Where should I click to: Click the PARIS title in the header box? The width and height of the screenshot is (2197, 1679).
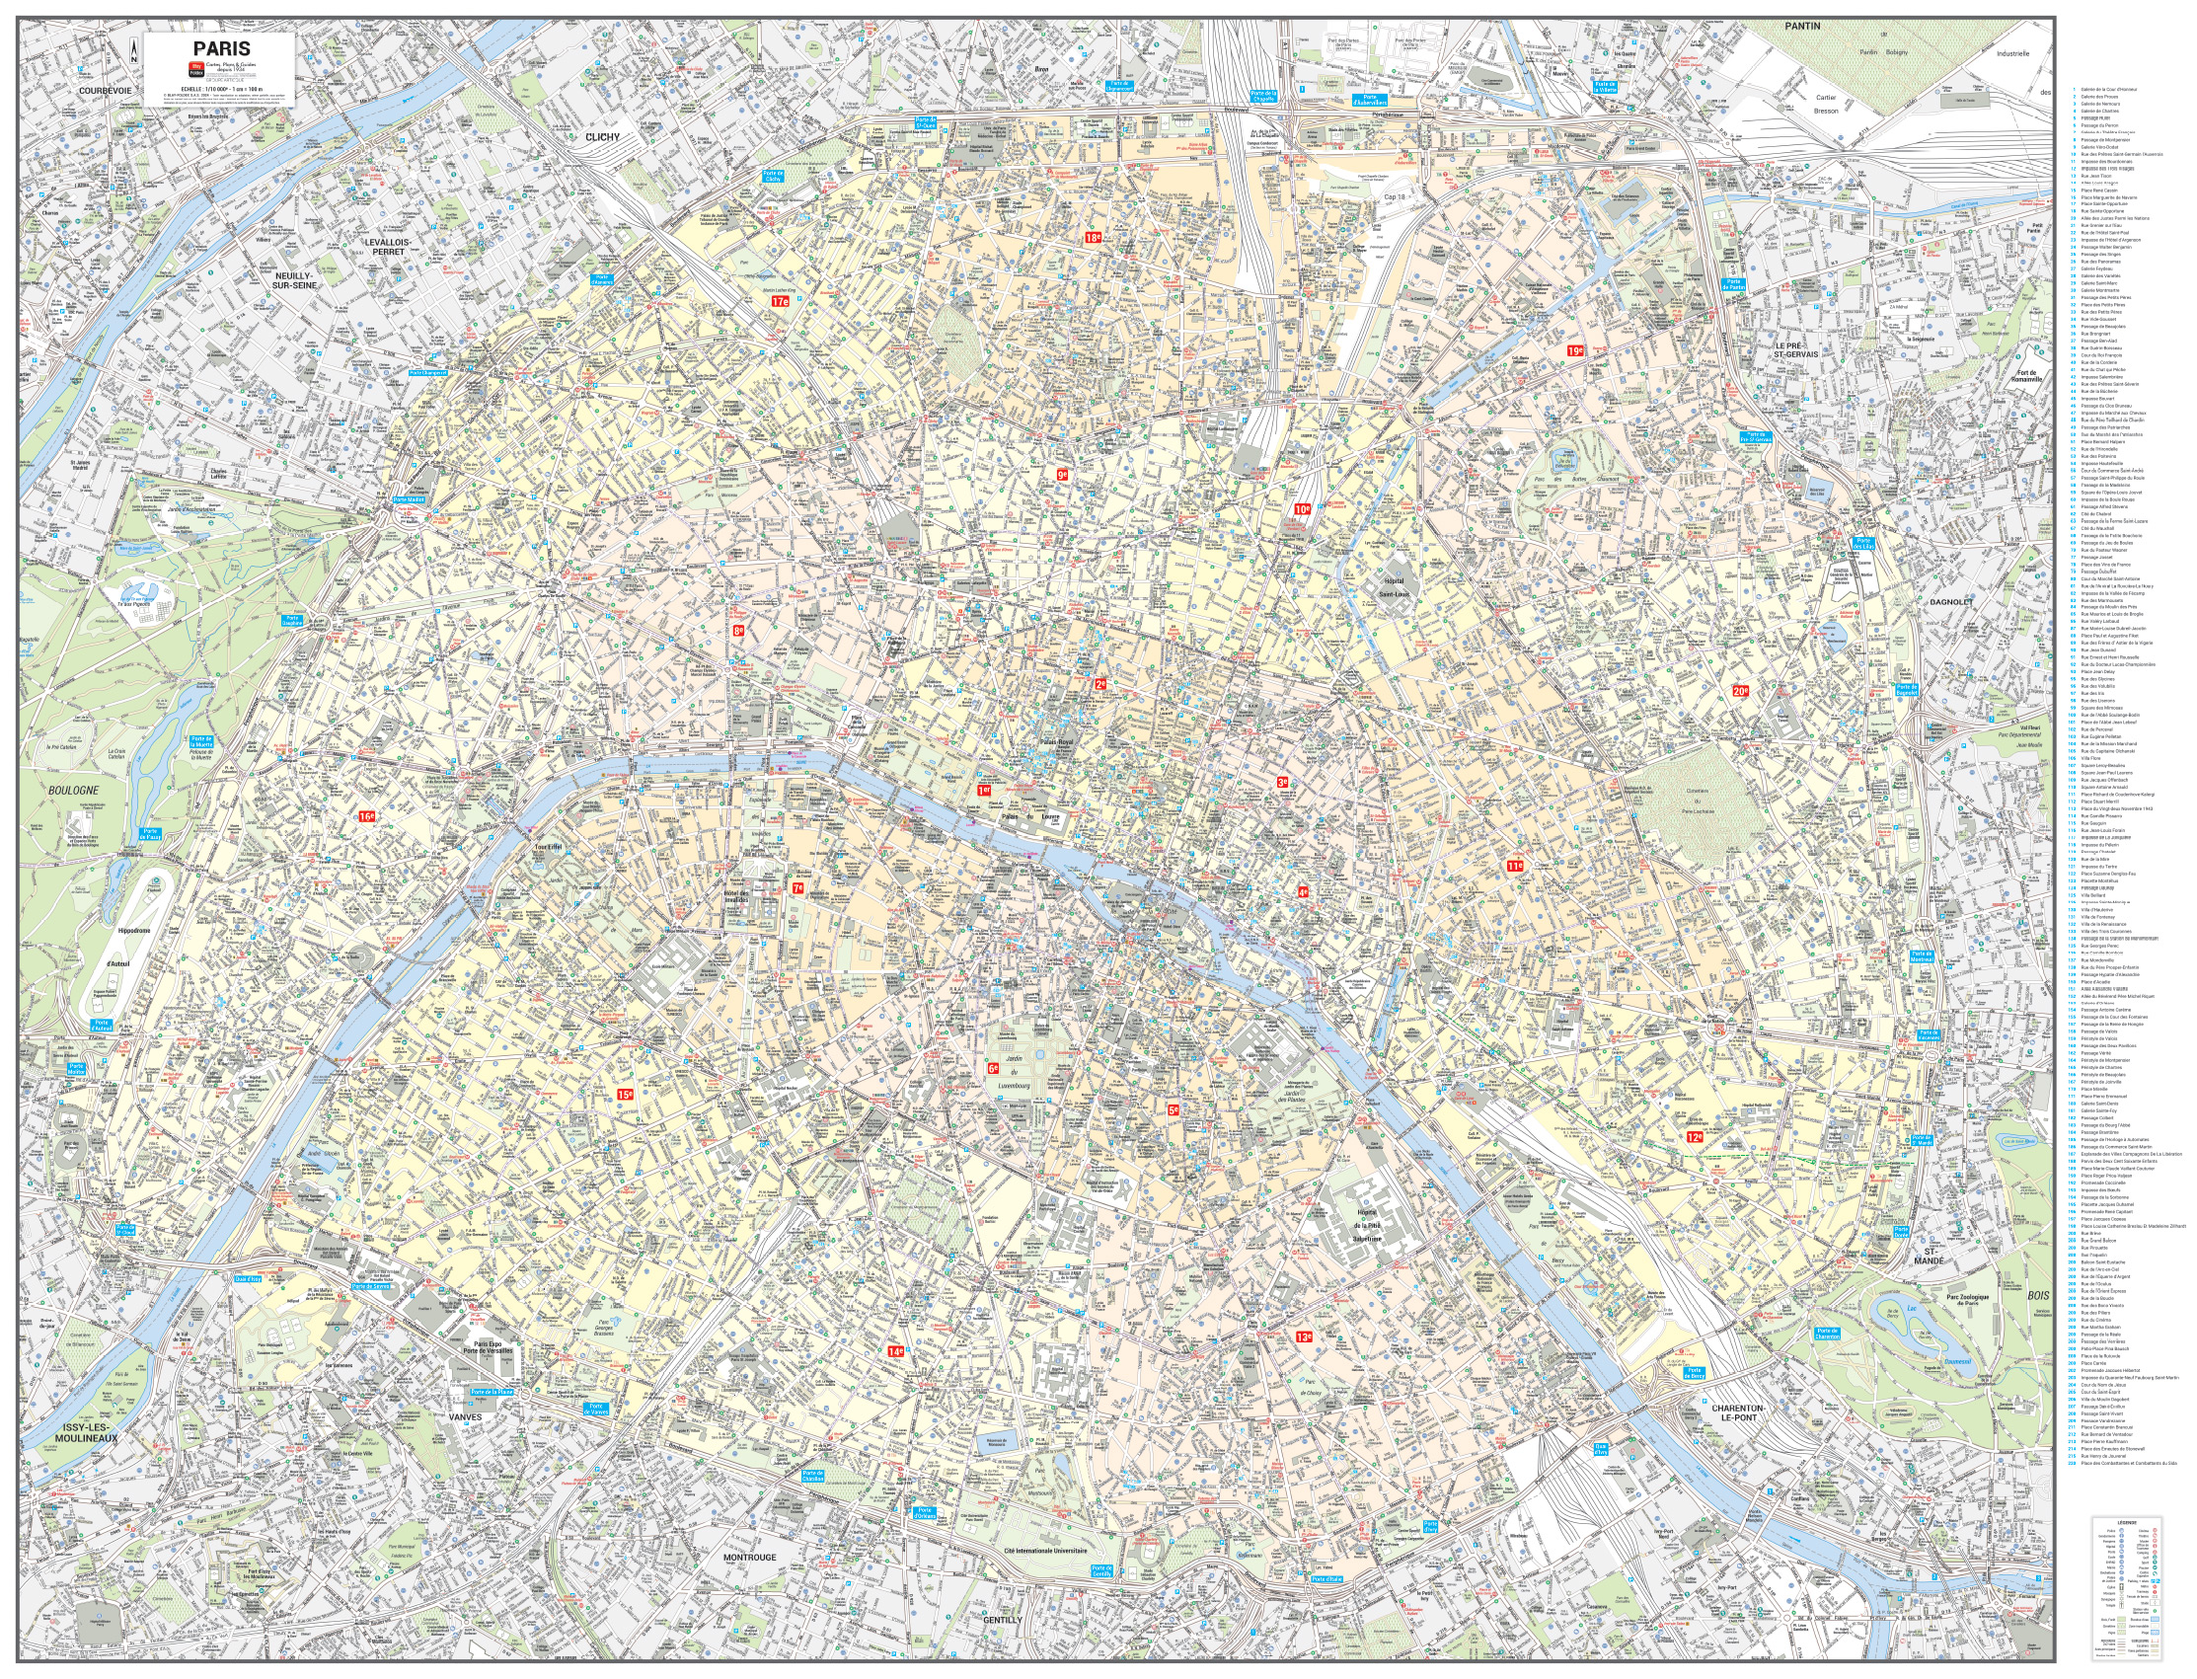click(x=222, y=48)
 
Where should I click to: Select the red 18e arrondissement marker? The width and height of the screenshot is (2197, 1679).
click(x=1093, y=238)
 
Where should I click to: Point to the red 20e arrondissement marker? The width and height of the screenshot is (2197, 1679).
click(x=1740, y=691)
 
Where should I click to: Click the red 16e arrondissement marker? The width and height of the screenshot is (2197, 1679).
click(x=367, y=816)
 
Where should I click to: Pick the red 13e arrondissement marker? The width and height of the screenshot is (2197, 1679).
click(x=1305, y=1336)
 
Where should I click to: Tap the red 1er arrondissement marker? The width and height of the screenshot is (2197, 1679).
click(x=984, y=790)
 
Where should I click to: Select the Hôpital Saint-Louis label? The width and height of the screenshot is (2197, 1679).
click(x=1393, y=586)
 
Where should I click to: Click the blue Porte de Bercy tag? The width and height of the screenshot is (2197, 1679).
click(x=1694, y=1374)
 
